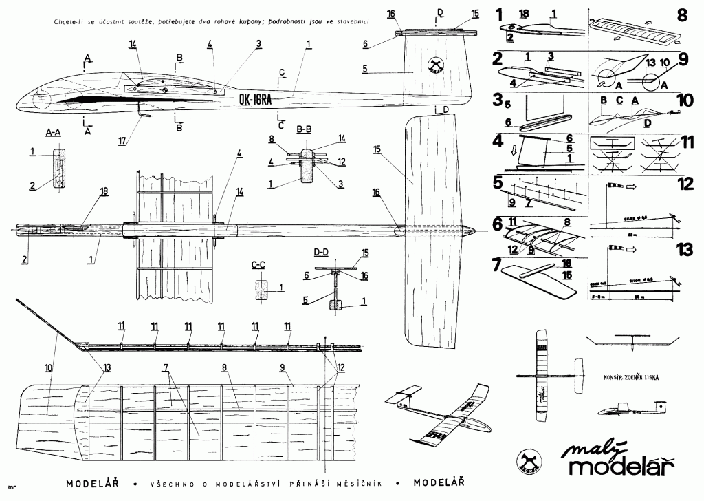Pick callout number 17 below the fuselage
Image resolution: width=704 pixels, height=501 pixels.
tap(122, 142)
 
